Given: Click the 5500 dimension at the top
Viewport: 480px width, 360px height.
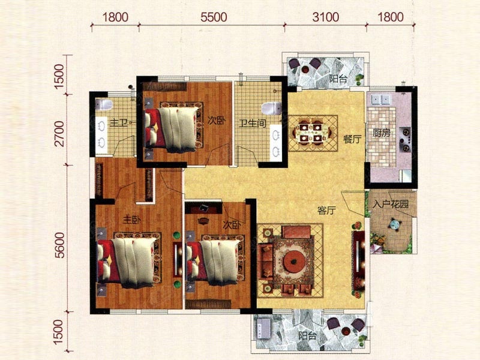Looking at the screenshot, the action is [x=214, y=17].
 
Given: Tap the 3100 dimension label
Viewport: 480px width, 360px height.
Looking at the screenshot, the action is [x=326, y=17].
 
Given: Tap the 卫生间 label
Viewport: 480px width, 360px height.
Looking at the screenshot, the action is [x=253, y=124].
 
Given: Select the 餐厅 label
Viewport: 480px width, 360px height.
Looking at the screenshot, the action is [x=352, y=139].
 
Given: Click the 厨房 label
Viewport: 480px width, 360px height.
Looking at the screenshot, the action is [x=382, y=133].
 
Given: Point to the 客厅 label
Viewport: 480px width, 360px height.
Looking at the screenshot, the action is [x=326, y=211].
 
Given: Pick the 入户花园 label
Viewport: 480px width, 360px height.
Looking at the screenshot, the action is [x=391, y=204].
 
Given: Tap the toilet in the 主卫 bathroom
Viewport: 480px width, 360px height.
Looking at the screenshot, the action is [x=104, y=104].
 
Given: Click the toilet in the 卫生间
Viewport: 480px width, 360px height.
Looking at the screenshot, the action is [x=272, y=109].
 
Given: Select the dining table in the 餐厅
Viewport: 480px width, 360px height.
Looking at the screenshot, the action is [x=312, y=133].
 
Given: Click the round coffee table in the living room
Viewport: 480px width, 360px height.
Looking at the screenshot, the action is [x=294, y=262].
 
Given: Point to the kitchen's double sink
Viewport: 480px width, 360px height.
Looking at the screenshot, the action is [x=380, y=99].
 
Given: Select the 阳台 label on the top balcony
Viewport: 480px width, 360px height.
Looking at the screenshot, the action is [x=338, y=79].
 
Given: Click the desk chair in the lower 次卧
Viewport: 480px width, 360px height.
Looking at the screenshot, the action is [x=203, y=220].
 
